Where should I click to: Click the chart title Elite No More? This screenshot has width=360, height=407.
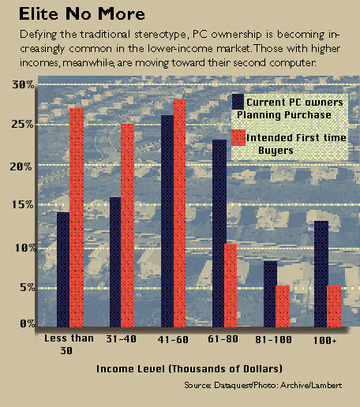82,14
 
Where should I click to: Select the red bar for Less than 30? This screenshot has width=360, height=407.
77,218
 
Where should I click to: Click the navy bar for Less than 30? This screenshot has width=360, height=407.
63,270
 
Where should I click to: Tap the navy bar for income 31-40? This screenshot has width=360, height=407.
115,262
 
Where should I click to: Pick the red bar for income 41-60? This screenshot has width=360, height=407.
179,213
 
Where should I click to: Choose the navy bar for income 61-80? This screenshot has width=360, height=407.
219,233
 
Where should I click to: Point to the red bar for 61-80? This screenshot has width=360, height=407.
231,286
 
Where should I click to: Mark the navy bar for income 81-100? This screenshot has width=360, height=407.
270,294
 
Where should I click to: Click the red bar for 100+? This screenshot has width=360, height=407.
334,306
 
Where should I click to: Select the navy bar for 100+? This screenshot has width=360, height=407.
321,274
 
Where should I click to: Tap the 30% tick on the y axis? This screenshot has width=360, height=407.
23,84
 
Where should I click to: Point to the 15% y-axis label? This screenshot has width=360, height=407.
23,204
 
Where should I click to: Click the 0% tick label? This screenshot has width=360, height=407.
28,323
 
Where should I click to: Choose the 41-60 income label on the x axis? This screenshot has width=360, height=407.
173,340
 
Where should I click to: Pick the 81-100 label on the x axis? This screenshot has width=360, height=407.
274,340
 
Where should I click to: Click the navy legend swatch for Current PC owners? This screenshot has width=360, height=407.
238,102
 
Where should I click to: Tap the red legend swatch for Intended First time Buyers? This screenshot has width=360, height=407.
238,137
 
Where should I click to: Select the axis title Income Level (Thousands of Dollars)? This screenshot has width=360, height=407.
189,368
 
